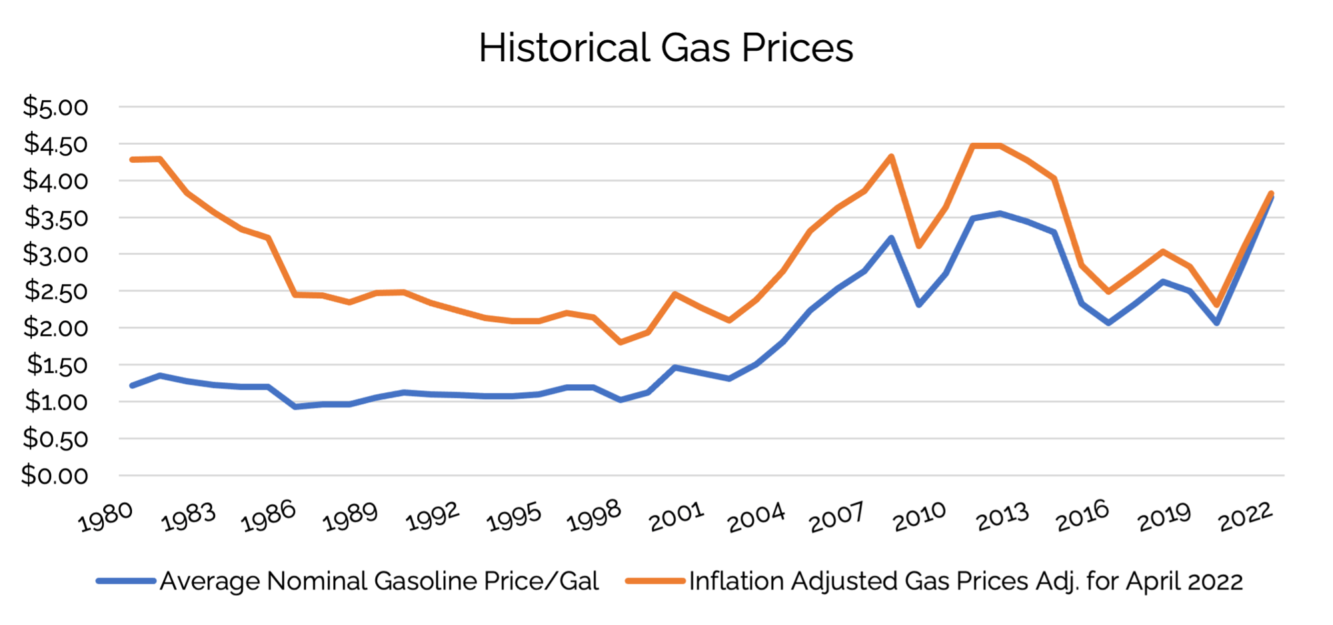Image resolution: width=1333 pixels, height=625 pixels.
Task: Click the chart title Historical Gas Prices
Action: [666, 48]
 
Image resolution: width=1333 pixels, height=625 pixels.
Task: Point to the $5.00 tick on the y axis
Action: [56, 107]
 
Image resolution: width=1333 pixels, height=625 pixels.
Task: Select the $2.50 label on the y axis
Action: [56, 291]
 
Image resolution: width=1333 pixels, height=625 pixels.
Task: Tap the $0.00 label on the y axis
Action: [56, 476]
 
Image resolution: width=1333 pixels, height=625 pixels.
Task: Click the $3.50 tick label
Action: [56, 217]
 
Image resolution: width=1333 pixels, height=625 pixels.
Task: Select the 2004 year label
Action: [756, 517]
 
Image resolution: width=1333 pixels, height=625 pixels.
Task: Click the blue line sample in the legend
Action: [125, 581]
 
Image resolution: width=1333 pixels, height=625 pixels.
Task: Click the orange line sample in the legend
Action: [655, 581]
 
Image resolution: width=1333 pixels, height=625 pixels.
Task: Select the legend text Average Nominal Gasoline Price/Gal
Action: [379, 581]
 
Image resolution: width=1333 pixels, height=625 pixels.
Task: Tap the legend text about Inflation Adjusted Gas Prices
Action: [966, 581]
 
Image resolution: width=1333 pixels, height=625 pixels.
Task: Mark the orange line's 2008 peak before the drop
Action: [891, 157]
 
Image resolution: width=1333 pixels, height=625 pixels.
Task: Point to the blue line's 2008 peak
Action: [891, 237]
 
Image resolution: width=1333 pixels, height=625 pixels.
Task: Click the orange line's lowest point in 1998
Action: [621, 342]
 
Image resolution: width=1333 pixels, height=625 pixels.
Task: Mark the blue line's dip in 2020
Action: [1217, 323]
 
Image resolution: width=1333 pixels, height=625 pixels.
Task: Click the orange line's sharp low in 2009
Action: [919, 245]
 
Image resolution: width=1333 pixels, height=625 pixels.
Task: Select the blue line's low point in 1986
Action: [295, 406]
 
